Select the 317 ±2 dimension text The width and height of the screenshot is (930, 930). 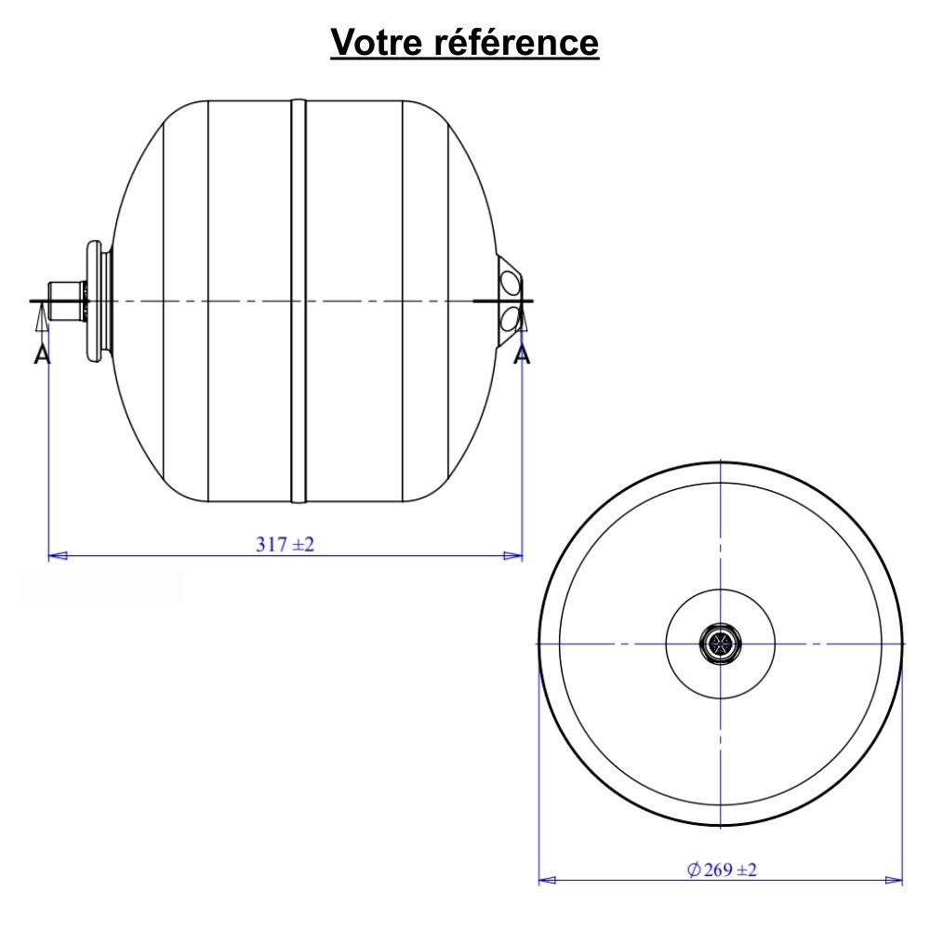(286, 545)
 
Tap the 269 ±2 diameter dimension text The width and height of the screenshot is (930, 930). (731, 870)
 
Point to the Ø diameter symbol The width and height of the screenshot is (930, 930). (694, 870)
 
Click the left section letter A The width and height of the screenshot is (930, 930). (41, 354)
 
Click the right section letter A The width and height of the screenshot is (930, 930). (523, 354)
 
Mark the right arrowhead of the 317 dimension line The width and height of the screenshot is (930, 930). (512, 556)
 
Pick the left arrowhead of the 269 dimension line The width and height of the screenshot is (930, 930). (549, 880)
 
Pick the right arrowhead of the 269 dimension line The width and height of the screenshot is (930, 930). (894, 880)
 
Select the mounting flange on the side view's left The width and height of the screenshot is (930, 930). (94, 300)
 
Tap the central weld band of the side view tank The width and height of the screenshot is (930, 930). (298, 300)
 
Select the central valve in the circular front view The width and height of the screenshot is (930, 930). (721, 644)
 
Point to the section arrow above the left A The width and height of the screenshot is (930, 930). (40, 322)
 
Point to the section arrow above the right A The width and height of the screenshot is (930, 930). (523, 322)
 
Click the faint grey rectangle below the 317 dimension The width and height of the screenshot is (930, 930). (102, 586)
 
